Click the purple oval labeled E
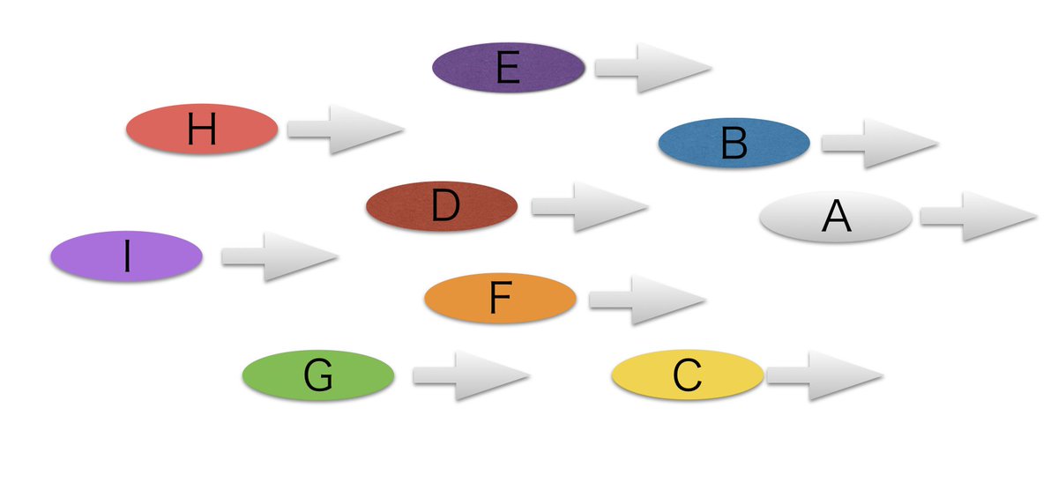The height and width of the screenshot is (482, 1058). pyautogui.click(x=509, y=68)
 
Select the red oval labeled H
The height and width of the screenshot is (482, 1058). pyautogui.click(x=202, y=130)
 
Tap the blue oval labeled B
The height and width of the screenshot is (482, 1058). pyautogui.click(x=734, y=143)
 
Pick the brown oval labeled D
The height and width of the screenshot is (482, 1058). pyautogui.click(x=442, y=206)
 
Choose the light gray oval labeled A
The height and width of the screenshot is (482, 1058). pyautogui.click(x=835, y=217)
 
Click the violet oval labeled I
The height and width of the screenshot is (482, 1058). pyautogui.click(x=127, y=256)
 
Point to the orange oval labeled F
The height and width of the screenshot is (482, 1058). pyautogui.click(x=500, y=300)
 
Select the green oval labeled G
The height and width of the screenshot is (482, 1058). pyautogui.click(x=318, y=376)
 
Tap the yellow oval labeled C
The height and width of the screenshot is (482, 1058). pyautogui.click(x=687, y=375)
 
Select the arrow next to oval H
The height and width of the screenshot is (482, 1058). pyautogui.click(x=344, y=130)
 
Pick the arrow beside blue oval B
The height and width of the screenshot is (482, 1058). pyautogui.click(x=878, y=143)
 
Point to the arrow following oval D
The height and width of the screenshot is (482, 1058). pyautogui.click(x=588, y=206)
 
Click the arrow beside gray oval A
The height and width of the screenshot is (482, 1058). pyautogui.click(x=977, y=217)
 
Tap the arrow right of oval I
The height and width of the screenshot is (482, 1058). pyautogui.click(x=279, y=256)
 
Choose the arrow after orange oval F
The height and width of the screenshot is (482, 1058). pyautogui.click(x=645, y=300)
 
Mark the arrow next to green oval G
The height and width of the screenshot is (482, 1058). pyautogui.click(x=469, y=376)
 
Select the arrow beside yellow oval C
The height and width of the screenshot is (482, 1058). pyautogui.click(x=823, y=375)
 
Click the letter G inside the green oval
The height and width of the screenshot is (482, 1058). pyautogui.click(x=318, y=376)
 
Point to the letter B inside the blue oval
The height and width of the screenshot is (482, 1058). pyautogui.click(x=734, y=144)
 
